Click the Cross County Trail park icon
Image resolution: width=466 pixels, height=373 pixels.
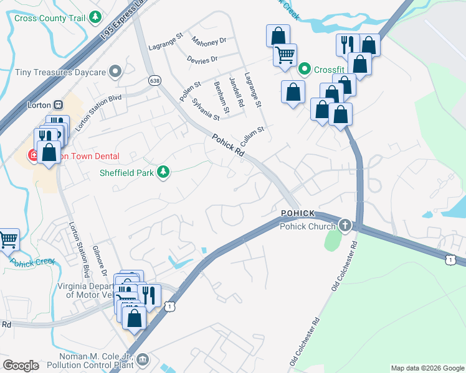95,17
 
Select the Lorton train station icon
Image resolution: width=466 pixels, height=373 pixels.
57,105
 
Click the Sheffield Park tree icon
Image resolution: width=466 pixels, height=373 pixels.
163,172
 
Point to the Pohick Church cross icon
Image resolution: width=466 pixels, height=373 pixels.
343,225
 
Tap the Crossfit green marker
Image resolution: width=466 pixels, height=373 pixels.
305,69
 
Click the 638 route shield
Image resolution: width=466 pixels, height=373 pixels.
155,81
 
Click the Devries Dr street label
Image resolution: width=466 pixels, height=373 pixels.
202,60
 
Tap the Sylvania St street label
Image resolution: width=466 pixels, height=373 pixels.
206,109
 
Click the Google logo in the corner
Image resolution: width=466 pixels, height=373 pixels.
21,366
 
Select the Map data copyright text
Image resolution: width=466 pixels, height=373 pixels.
427,368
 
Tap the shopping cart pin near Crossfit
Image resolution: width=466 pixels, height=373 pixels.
285,55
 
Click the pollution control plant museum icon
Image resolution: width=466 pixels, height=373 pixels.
143,359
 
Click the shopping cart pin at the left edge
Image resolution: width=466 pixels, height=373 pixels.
7,239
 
